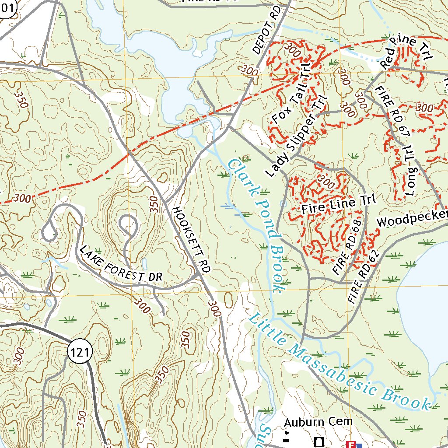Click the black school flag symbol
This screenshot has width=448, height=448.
pyautogui.click(x=286, y=436)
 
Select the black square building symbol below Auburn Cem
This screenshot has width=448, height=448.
pyautogui.click(x=319, y=441)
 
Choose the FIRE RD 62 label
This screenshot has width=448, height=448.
pyautogui.click(x=362, y=278)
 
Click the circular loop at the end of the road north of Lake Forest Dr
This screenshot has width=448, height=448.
pyautogui.click(x=128, y=224)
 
